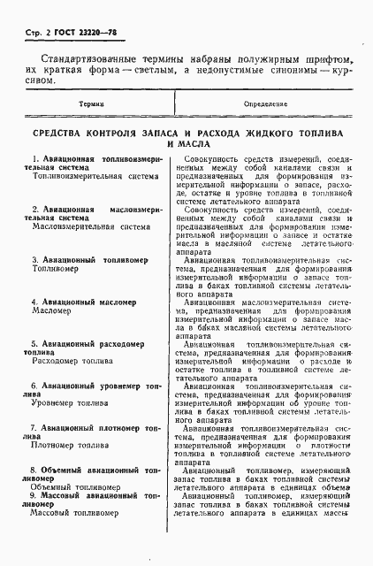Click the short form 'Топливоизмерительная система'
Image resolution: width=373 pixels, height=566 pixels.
(x=83, y=176)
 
